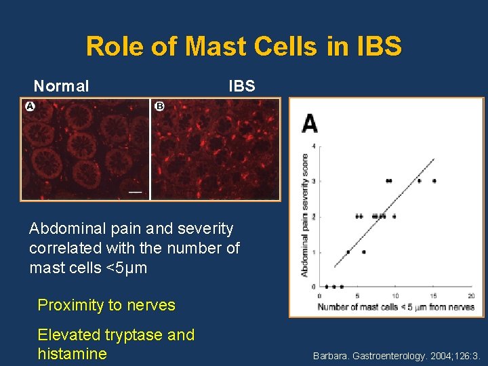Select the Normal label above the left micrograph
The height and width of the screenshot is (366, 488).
pos(62,86)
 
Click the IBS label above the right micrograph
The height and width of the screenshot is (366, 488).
pos(242,86)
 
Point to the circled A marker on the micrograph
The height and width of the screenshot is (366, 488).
pos(30,106)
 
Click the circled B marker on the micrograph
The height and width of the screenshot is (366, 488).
pos(159,106)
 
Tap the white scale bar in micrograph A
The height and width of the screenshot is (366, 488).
pos(136,192)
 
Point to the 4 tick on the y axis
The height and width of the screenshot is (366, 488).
pos(313,146)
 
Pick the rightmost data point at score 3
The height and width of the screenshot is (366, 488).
pos(434,181)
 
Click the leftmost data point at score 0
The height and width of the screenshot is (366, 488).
pos(327,287)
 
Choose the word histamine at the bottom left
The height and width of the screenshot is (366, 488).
pos(72,353)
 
